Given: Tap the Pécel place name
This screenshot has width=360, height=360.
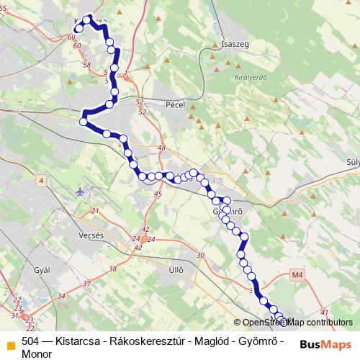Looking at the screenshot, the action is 176,104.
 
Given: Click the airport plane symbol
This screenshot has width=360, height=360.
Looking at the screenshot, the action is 78,192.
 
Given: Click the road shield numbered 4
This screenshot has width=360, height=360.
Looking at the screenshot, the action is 42,180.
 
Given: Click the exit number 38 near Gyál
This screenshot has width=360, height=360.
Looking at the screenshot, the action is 112,269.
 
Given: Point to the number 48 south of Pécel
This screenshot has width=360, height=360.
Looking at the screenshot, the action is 161,148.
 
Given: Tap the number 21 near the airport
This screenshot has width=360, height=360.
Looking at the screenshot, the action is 94,211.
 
